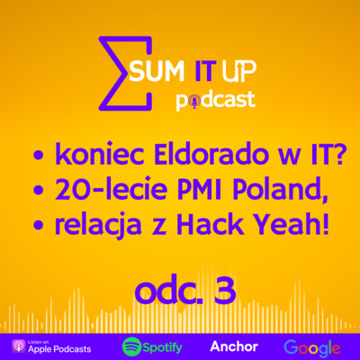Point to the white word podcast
click(225, 99)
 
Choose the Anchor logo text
click(233, 346)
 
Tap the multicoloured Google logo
click(311, 346)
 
